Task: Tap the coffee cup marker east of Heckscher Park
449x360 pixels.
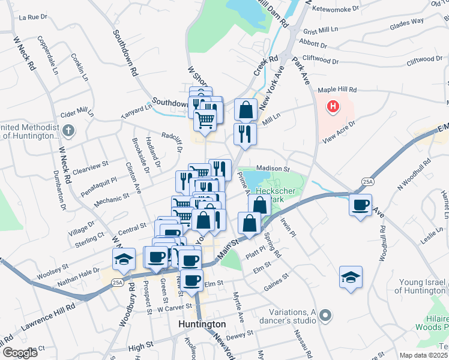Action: pyautogui.click(x=360, y=205)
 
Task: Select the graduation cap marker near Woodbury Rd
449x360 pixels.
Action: pyautogui.click(x=123, y=259)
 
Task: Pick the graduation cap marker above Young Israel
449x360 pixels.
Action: pyautogui.click(x=351, y=277)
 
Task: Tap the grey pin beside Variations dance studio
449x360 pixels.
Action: pyautogui.click(x=325, y=314)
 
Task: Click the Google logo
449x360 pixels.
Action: pyautogui.click(x=19, y=353)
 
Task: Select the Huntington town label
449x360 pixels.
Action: pyautogui.click(x=202, y=324)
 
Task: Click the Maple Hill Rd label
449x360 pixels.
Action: pyautogui.click(x=336, y=89)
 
